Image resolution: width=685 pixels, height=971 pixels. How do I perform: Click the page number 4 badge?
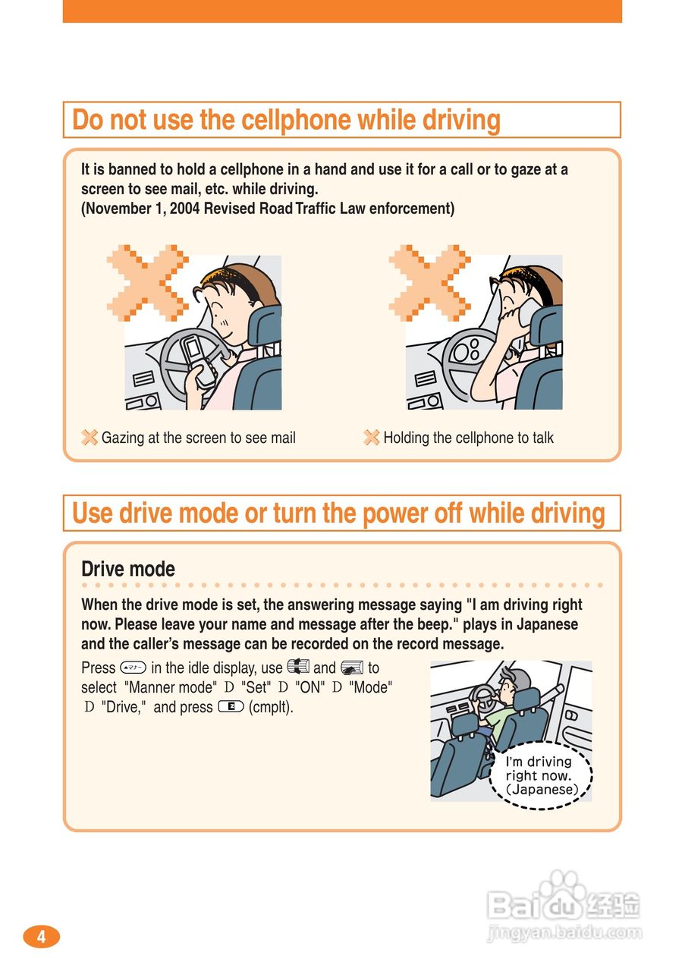click(41, 937)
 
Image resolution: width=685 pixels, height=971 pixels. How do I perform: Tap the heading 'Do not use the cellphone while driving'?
click(286, 120)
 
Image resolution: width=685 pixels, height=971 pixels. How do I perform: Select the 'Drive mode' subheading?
click(128, 569)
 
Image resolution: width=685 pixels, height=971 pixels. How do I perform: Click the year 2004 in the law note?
click(184, 209)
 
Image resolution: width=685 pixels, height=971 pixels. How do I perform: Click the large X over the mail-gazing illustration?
click(147, 283)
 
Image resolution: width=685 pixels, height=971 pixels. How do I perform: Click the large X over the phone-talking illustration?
click(429, 283)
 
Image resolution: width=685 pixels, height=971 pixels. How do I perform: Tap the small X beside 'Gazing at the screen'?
click(90, 438)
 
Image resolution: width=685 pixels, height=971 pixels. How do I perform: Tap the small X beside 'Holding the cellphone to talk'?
click(372, 438)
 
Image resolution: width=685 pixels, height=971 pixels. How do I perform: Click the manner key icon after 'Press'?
click(133, 668)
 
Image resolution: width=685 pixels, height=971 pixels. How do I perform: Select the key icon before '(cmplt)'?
click(231, 707)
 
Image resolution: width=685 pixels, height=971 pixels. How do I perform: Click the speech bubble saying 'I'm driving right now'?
click(540, 775)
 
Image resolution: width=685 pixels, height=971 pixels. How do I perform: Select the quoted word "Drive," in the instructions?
click(123, 707)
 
